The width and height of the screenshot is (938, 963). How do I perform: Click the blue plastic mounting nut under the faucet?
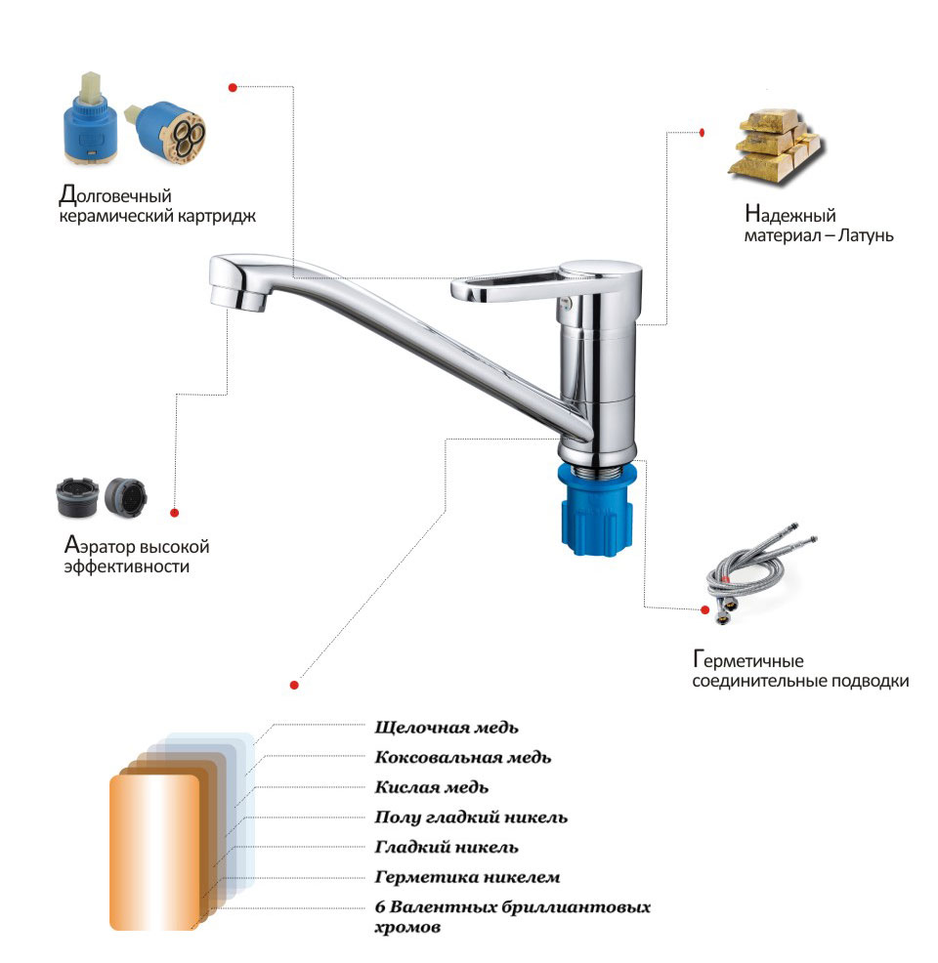[x=596, y=511]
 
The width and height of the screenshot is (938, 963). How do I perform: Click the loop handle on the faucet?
[x=516, y=285]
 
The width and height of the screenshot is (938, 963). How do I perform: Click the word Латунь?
[x=866, y=235]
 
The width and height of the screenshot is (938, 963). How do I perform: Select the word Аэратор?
[x=99, y=546]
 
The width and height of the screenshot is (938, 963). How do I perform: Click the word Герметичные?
[x=748, y=660]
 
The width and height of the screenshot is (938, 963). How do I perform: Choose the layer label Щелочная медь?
[x=447, y=728]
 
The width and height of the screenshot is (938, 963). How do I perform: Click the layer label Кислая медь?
[x=432, y=787]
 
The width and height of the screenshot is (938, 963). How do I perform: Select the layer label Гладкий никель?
[x=447, y=847]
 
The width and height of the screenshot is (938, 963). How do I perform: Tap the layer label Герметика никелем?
[x=467, y=877]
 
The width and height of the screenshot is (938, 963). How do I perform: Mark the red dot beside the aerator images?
[x=175, y=513]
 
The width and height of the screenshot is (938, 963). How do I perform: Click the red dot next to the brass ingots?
[x=703, y=132]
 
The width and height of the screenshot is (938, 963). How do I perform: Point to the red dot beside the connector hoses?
[x=705, y=609]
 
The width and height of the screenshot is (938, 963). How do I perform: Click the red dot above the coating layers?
[x=294, y=685]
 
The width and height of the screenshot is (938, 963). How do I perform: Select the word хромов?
[x=407, y=927]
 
